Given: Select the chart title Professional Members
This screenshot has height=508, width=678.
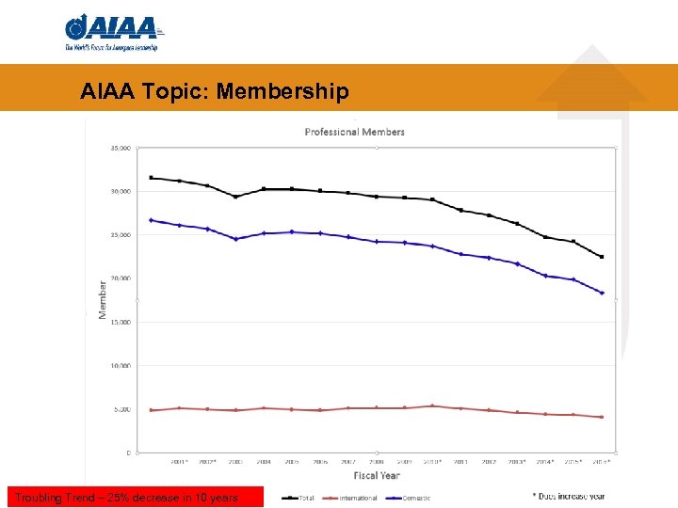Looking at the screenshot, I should point(355,132).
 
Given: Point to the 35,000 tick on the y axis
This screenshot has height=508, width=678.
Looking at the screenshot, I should point(120,148).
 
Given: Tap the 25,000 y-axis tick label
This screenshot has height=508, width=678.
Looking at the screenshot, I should point(120,235).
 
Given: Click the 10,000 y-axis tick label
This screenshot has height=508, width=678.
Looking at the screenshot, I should point(120,366).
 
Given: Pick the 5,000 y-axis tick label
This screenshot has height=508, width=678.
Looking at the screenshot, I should point(121,409).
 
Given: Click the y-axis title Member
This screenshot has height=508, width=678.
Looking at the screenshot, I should point(103,299).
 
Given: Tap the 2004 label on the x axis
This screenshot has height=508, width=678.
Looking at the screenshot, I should point(263,462).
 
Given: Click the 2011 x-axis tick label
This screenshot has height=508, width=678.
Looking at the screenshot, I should point(460,462).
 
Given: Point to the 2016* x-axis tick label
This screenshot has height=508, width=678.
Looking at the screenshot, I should point(602,462).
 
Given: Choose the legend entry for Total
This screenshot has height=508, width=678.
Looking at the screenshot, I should point(299,498).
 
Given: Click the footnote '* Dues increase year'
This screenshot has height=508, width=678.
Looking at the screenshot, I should point(568,496).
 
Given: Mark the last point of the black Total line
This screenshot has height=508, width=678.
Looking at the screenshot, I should point(602,257).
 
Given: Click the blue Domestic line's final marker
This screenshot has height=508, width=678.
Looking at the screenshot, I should point(602,293).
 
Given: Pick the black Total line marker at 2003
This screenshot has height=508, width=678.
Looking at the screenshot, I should point(235,197).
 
